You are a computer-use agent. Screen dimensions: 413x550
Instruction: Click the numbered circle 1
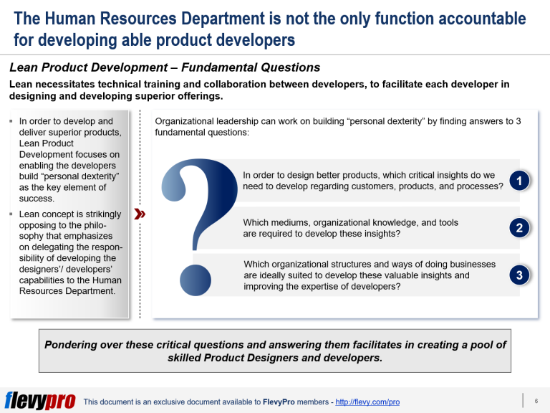(519, 181)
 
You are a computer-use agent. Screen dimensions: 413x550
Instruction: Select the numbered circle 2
(519, 228)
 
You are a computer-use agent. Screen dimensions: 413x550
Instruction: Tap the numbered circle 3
(519, 275)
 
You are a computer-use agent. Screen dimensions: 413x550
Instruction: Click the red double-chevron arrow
(140, 214)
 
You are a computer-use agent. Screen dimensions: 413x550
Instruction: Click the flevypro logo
(40, 401)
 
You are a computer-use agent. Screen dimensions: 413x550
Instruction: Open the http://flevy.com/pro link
(367, 402)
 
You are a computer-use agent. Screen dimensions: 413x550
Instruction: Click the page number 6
(536, 401)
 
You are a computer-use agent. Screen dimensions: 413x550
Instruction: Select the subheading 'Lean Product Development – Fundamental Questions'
(165, 68)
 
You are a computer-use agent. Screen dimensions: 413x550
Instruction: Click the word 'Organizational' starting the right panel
(188, 121)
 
